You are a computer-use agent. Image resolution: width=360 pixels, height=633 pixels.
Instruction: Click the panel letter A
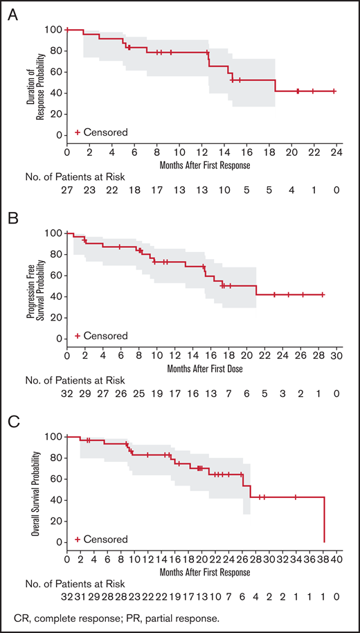pyautogui.click(x=12, y=15)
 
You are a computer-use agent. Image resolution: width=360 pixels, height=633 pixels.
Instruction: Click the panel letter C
pyautogui.click(x=12, y=422)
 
